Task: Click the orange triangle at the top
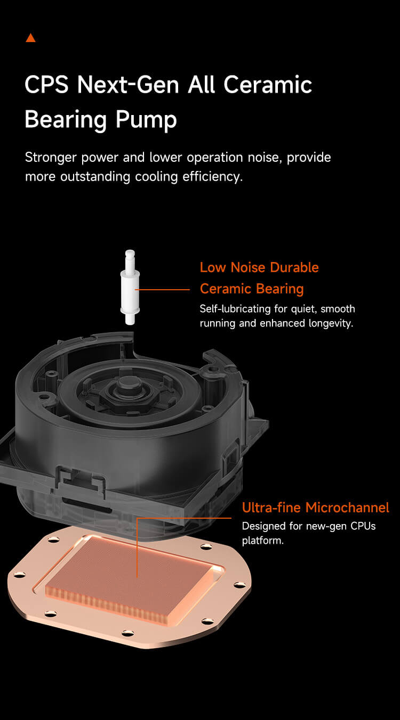tap(30, 38)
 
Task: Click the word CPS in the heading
tap(46, 85)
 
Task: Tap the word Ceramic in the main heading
tap(268, 85)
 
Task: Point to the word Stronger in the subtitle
tap(51, 158)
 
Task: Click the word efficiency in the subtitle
tap(212, 177)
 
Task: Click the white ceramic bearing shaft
tap(130, 288)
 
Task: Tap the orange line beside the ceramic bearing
tap(163, 290)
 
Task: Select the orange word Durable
tap(294, 267)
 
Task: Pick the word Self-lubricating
tap(235, 309)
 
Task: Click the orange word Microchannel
tap(347, 508)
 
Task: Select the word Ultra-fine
tap(271, 508)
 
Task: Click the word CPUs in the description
tap(363, 526)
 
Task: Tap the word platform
tap(262, 541)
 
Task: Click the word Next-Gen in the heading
tap(128, 85)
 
